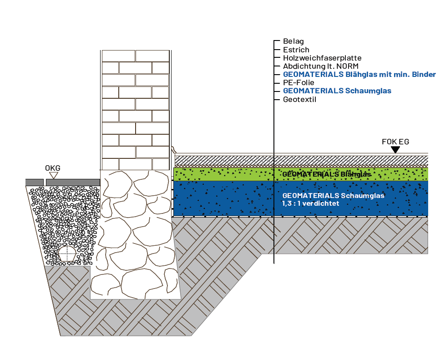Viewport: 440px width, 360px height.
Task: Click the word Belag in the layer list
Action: (293, 41)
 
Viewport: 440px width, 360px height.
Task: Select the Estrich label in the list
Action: (296, 50)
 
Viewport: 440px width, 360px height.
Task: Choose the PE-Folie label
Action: (298, 82)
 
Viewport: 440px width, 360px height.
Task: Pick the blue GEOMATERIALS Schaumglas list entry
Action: (337, 91)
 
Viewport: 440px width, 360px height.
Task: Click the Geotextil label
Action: (299, 99)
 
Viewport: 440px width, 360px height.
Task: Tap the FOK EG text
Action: (395, 142)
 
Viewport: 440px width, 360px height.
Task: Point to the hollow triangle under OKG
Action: (53, 175)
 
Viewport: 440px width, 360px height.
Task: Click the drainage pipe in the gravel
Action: (67, 254)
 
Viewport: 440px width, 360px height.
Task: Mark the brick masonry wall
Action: (135, 109)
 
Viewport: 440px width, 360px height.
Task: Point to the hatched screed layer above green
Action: (300, 160)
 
